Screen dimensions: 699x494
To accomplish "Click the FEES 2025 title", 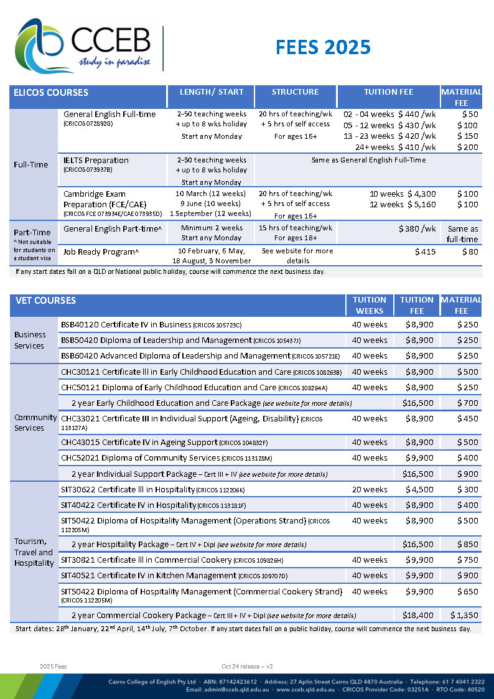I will [323, 47].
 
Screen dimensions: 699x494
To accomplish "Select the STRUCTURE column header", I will [295, 92].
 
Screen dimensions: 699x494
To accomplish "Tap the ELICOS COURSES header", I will [51, 93].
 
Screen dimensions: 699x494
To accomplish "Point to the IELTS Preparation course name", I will [96, 160].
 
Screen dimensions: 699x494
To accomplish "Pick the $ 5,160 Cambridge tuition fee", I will [421, 204].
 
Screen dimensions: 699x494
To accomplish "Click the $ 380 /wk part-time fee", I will [417, 228].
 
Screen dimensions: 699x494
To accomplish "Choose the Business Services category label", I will [30, 340].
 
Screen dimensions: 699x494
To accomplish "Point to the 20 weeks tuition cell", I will [370, 489].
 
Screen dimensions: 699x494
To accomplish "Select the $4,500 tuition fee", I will [419, 489].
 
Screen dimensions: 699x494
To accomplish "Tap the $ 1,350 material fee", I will [464, 615].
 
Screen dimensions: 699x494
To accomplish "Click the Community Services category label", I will [30, 423].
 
